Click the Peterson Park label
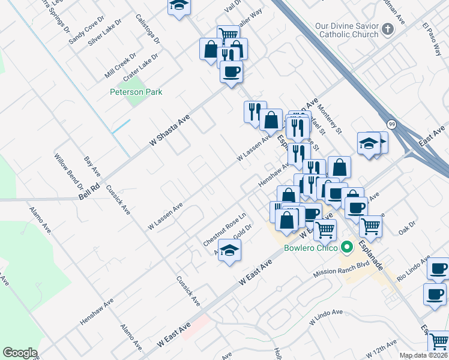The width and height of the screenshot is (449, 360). pyautogui.click(x=136, y=92)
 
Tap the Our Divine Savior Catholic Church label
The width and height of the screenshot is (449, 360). pyautogui.click(x=348, y=31)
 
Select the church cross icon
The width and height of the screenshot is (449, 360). pyautogui.click(x=388, y=28)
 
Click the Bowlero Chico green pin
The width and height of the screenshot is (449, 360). pyautogui.click(x=346, y=247)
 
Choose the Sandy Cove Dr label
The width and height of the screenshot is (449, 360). pyautogui.click(x=86, y=31)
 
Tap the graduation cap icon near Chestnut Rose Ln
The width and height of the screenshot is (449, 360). pyautogui.click(x=229, y=251)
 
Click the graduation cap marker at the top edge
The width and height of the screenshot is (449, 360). pyautogui.click(x=178, y=5)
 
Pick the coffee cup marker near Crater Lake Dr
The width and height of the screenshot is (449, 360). pyautogui.click(x=231, y=73)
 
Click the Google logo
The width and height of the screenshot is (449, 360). pyautogui.click(x=20, y=353)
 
